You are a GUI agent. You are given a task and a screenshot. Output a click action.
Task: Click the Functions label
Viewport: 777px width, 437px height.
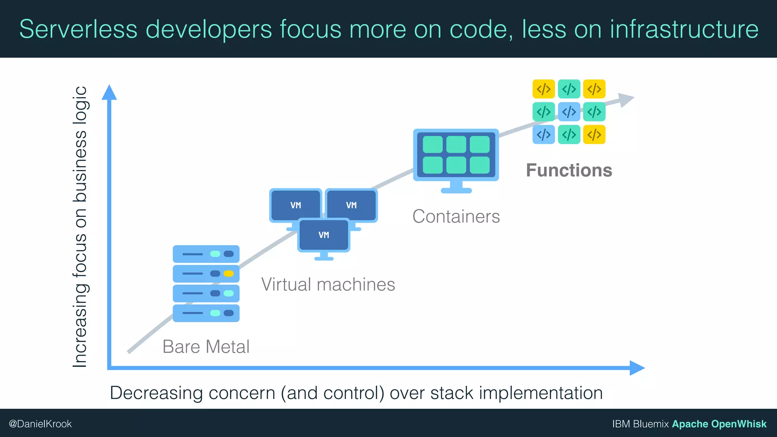(569, 170)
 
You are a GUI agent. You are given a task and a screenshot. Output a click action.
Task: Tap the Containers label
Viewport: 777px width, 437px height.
(456, 217)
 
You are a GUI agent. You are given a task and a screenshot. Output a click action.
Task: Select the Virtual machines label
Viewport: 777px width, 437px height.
(328, 285)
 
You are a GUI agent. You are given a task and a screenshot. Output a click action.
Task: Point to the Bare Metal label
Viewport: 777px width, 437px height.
(206, 347)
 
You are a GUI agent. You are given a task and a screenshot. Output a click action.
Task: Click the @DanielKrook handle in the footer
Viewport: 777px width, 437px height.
(40, 424)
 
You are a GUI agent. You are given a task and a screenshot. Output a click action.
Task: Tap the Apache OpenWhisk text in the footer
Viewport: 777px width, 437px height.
(719, 424)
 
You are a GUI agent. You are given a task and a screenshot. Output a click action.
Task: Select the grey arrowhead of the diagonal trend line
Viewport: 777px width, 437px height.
(626, 99)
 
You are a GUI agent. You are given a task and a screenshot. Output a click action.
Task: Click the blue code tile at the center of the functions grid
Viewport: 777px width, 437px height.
(569, 112)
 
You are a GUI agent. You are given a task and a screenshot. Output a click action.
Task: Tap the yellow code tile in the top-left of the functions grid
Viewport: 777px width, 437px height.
(543, 89)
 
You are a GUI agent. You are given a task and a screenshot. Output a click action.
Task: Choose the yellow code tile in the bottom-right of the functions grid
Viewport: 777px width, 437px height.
(594, 135)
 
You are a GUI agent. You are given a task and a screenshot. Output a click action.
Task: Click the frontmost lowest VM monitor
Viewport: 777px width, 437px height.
(324, 235)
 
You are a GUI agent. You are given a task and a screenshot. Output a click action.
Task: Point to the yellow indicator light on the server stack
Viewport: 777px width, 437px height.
(228, 274)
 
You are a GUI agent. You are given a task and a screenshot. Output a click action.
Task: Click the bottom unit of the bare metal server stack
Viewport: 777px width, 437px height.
(206, 313)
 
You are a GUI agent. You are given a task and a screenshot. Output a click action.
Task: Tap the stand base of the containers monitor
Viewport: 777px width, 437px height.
(456, 190)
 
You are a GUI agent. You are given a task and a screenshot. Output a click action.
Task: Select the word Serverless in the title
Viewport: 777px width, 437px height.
(78, 29)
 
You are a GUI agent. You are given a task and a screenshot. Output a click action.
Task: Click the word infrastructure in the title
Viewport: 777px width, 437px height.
(684, 29)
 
